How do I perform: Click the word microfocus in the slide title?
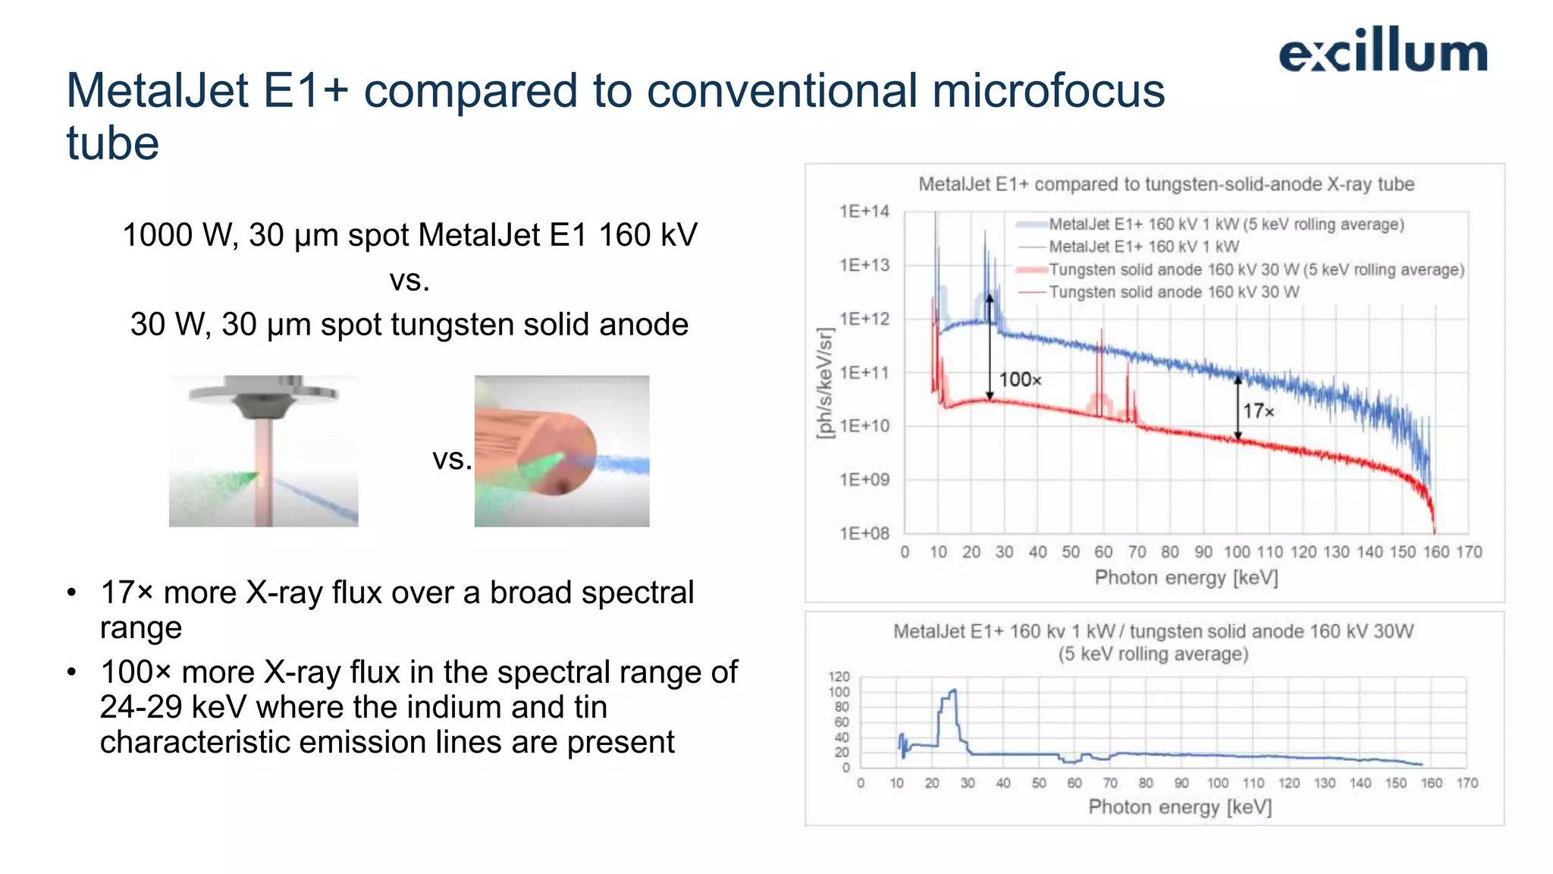(1048, 91)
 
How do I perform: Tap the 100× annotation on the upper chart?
(1020, 379)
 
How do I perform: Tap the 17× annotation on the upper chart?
(1258, 411)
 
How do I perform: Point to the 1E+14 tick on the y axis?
(864, 212)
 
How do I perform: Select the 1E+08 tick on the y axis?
(864, 533)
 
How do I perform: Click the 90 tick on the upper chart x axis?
(1203, 552)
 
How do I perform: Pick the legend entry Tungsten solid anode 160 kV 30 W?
(1173, 292)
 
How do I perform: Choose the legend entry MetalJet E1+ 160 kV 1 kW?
(1144, 247)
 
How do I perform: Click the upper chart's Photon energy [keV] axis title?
(1186, 578)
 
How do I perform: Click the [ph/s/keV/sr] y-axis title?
(825, 383)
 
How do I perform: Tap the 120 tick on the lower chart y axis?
(839, 677)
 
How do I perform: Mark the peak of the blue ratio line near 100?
(953, 690)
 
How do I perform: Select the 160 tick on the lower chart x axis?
(1431, 783)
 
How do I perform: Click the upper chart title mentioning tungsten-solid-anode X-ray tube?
(1166, 184)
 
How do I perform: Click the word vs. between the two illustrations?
(452, 459)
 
